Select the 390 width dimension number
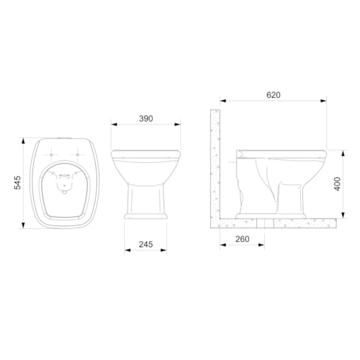coord(145,118)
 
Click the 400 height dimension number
coord(337,184)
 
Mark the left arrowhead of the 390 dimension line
coord(113,124)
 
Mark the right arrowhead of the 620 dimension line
coord(324,102)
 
